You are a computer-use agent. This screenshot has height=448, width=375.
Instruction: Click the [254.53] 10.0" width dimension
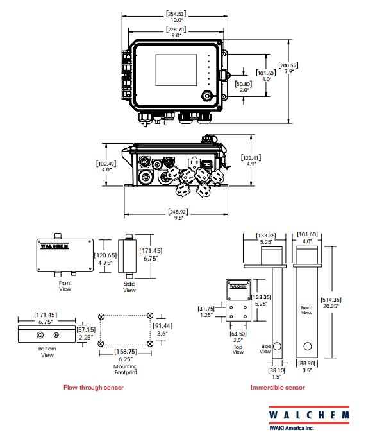[x=176, y=17]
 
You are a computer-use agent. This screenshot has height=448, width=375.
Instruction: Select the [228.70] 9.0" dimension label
[x=176, y=32]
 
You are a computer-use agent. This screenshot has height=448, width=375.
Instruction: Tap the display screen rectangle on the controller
[x=176, y=70]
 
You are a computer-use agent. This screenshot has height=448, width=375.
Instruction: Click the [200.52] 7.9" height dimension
[x=288, y=68]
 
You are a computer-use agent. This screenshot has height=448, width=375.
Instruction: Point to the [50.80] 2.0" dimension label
[x=244, y=87]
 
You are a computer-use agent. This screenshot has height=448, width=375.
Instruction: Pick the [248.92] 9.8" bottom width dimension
[x=178, y=214]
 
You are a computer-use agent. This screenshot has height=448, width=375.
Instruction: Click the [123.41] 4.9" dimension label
[x=251, y=160]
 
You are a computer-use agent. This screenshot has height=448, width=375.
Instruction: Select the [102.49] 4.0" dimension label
[x=106, y=166]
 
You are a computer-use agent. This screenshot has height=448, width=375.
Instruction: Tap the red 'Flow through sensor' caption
[x=94, y=388]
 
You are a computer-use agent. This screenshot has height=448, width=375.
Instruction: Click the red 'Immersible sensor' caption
[x=278, y=388]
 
